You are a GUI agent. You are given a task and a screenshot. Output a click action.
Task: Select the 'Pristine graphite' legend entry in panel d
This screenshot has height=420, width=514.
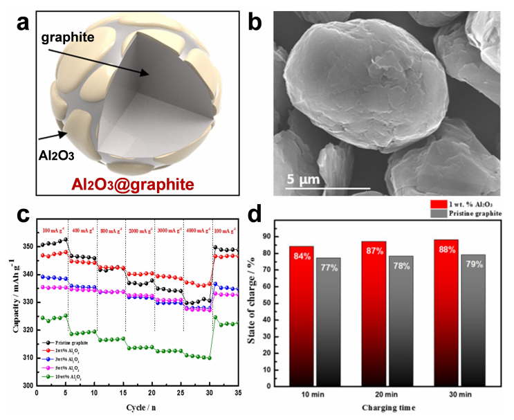pyautogui.click(x=472, y=214)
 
